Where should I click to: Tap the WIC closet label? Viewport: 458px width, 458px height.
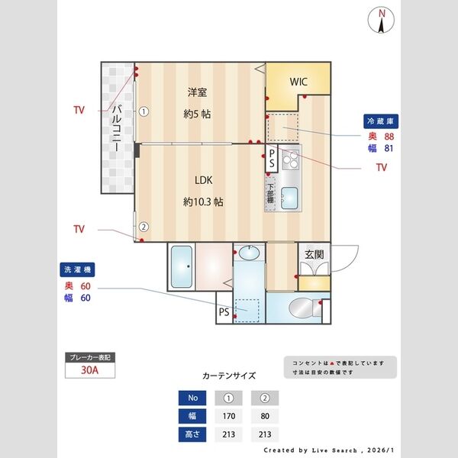coord(298,82)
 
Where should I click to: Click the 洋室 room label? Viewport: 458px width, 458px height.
coord(197,92)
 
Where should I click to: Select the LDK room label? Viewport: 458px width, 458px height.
coord(202,181)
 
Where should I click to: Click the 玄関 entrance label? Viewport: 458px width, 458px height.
coord(314,254)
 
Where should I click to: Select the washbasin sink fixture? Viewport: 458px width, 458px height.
coord(249,253)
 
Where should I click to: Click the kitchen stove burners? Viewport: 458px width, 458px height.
coord(290,160)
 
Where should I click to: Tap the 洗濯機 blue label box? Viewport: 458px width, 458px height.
coord(77,270)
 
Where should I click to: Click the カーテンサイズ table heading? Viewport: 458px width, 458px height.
coord(229,376)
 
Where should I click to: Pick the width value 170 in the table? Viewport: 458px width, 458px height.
coord(227,417)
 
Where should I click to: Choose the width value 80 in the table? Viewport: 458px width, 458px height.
coord(264,417)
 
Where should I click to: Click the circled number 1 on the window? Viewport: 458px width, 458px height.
coord(143,110)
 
